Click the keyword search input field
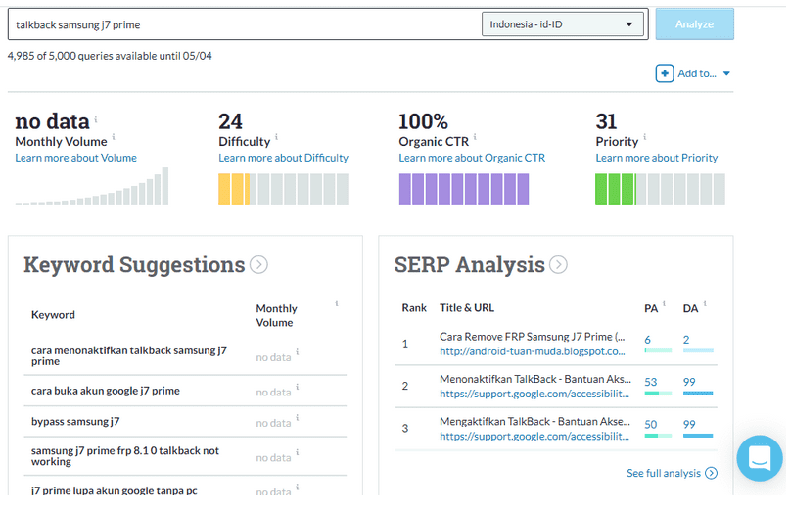click(245, 25)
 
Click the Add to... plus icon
click(665, 73)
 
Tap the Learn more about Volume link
click(75, 158)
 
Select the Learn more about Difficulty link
click(283, 158)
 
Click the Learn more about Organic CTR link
click(472, 158)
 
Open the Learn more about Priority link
click(656, 158)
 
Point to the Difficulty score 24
click(230, 121)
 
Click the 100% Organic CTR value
click(423, 121)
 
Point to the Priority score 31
click(606, 121)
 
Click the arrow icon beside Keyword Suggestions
click(258, 264)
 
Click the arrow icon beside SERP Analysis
click(558, 264)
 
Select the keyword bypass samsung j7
click(75, 422)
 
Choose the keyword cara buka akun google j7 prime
click(105, 391)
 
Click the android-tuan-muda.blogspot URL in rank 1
click(532, 351)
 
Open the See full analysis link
click(672, 474)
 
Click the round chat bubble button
click(760, 457)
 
